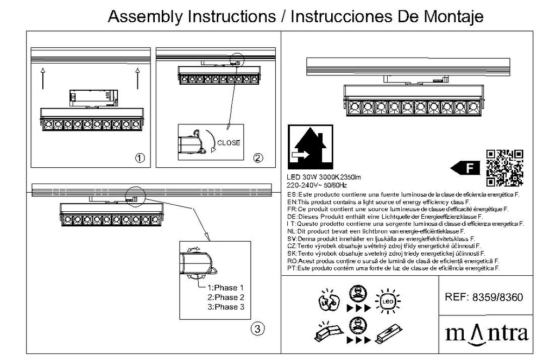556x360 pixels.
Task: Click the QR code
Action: tap(504, 168)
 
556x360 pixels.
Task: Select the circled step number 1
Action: tap(140, 158)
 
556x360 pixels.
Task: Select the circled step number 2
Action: tap(258, 158)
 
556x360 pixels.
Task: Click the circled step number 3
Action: tap(258, 329)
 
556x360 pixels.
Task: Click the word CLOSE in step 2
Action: tap(229, 143)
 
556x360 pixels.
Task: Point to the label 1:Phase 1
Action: tap(225, 288)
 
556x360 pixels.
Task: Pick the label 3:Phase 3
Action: tap(225, 307)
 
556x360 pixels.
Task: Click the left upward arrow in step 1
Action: tap(43, 78)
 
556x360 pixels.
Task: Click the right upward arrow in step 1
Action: tap(138, 78)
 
